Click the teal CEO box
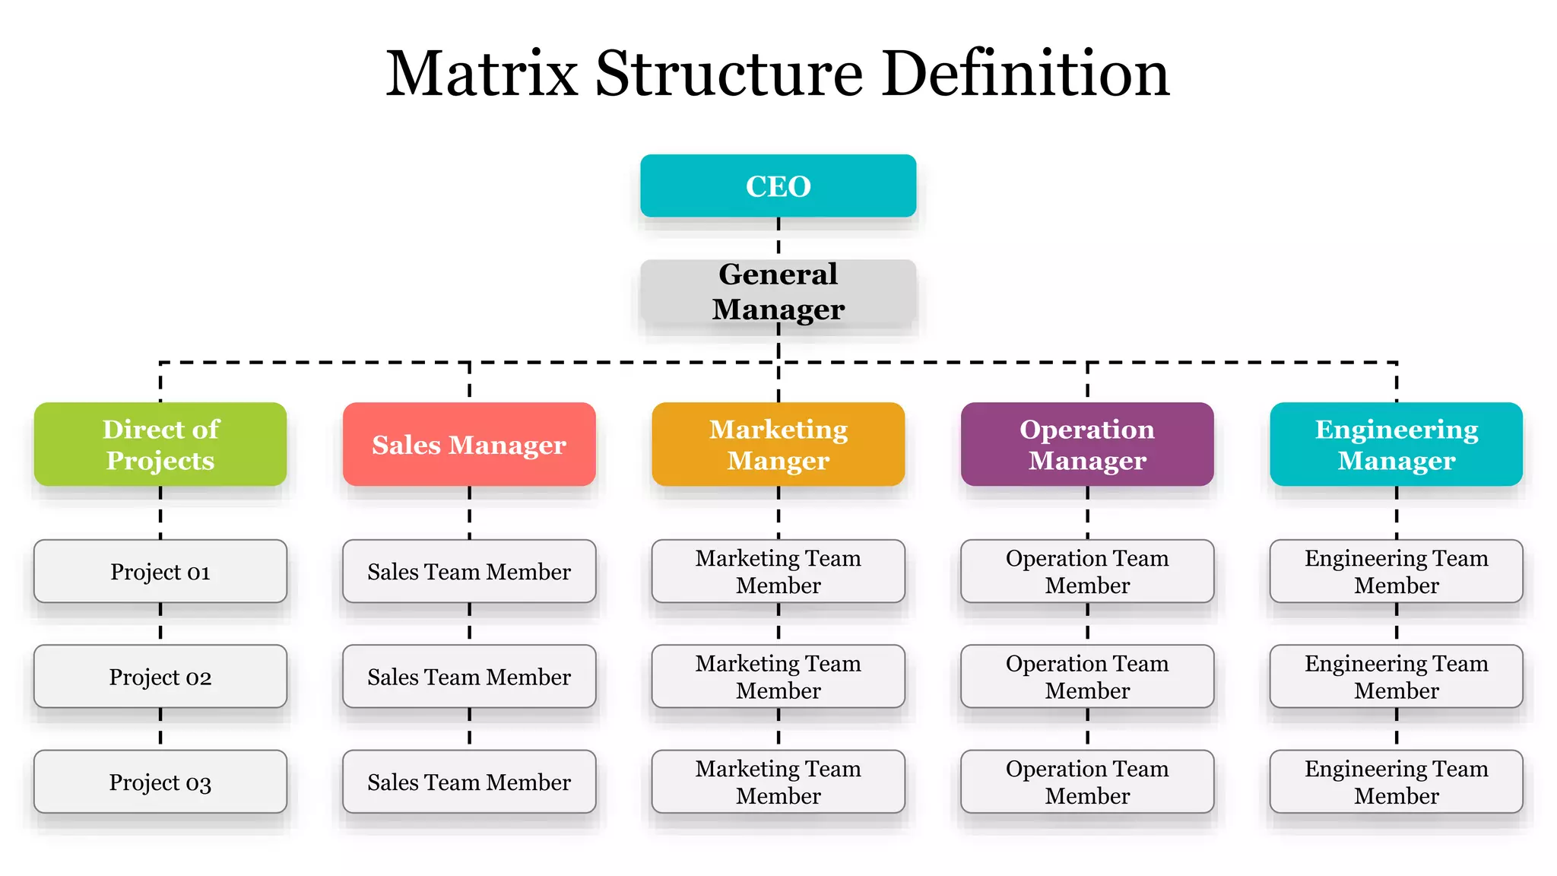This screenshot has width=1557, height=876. point(778,186)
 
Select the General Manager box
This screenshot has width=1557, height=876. point(778,292)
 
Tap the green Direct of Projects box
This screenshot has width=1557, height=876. point(160,444)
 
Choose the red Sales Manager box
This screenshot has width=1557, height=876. point(469,444)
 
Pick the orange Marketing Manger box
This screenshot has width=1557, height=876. point(778,444)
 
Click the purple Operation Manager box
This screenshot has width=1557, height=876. point(1087,444)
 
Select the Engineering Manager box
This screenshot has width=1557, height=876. point(1396,444)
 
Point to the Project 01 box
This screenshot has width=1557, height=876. point(160,572)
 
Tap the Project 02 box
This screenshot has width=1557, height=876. point(160,677)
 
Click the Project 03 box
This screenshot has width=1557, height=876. point(160,782)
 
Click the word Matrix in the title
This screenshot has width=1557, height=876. point(481,74)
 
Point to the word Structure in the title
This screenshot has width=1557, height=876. point(728,74)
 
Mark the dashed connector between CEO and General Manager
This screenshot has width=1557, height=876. point(778,237)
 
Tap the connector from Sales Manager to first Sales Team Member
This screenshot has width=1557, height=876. point(469,513)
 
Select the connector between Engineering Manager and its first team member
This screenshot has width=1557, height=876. point(1397,513)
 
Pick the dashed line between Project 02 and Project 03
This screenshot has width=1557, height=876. point(160,728)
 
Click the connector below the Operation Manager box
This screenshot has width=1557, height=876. point(1087,513)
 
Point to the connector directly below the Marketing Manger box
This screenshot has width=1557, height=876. point(778,513)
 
